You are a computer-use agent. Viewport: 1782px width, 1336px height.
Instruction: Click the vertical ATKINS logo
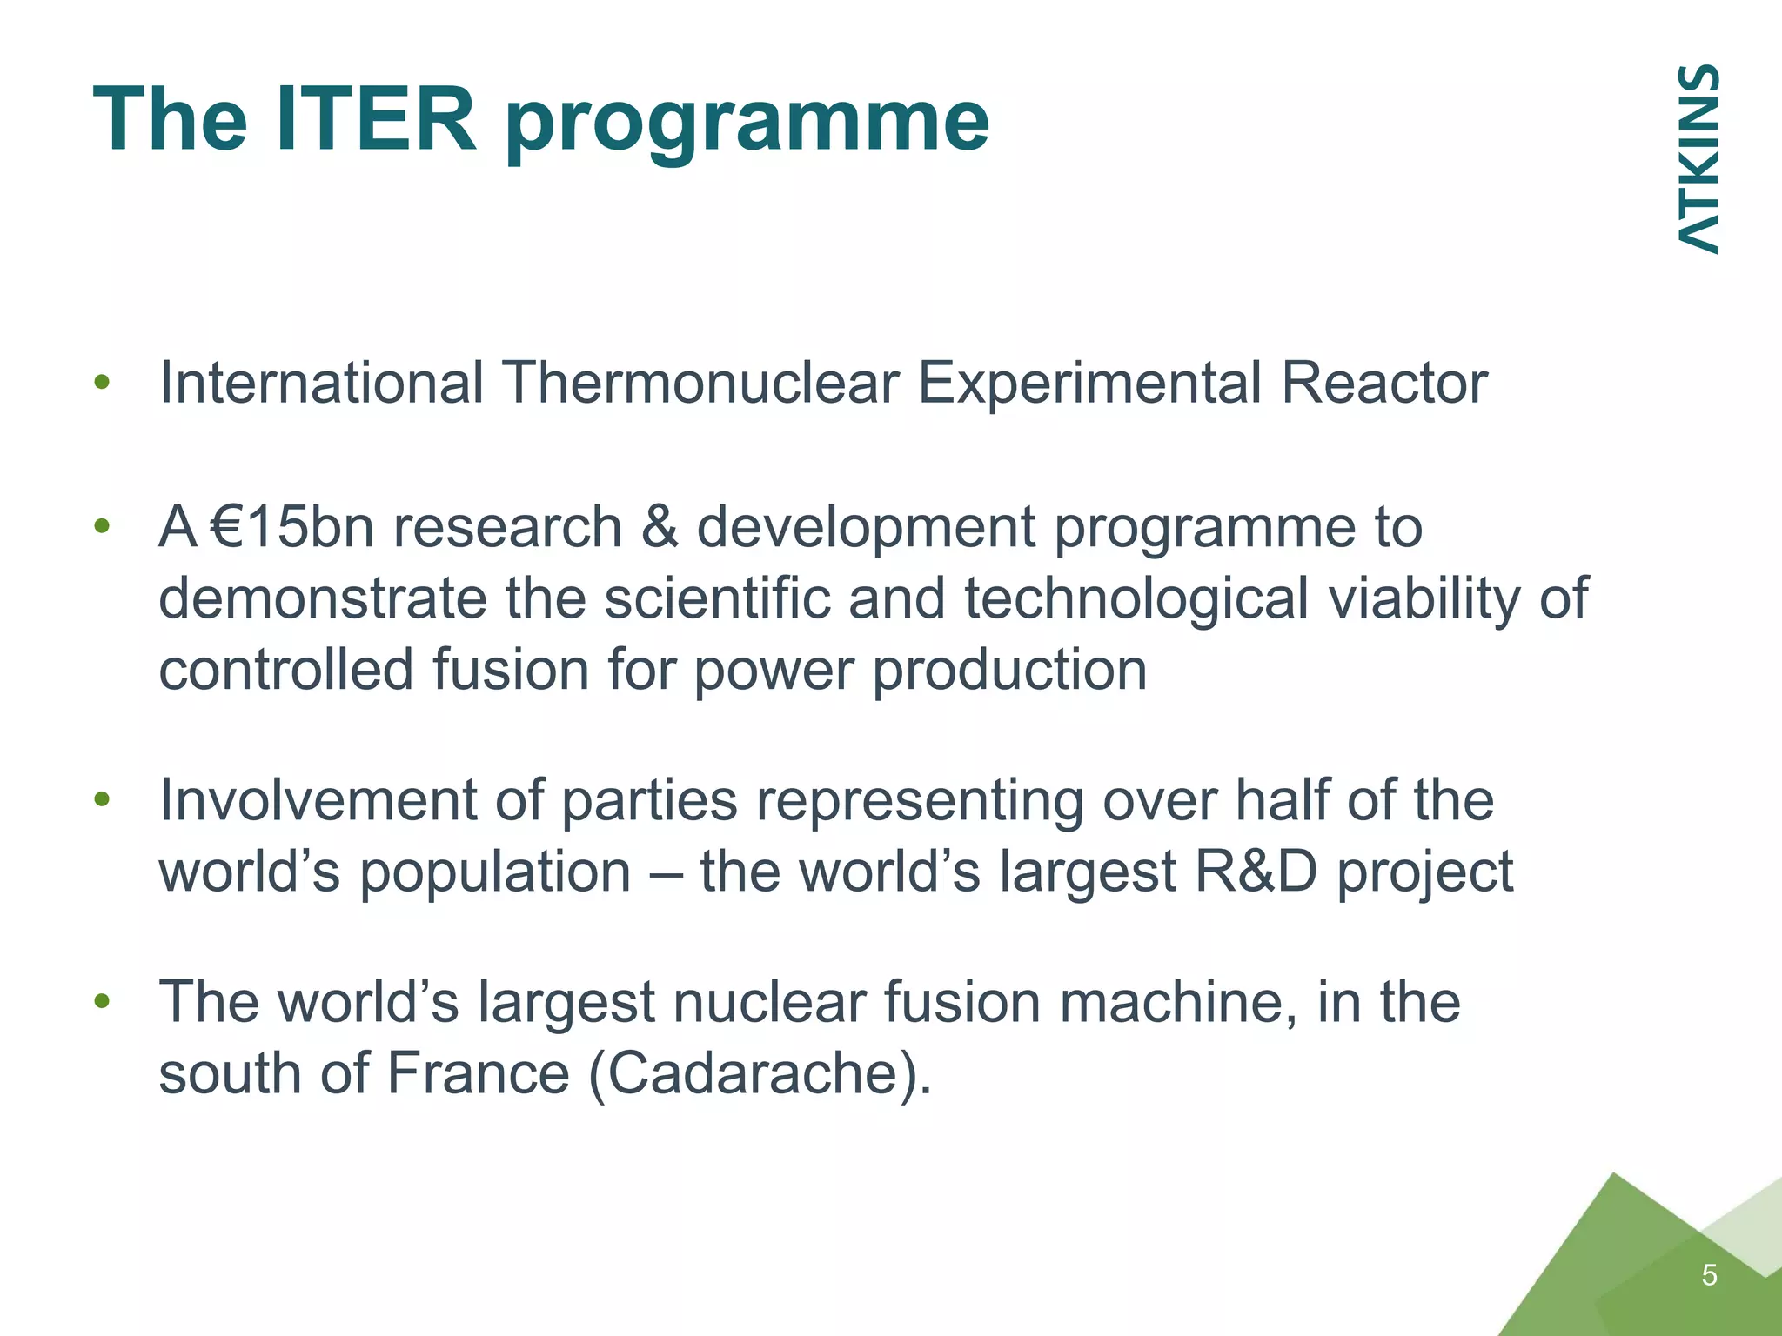pos(1697,159)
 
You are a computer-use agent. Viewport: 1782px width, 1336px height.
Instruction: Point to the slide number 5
pos(1709,1275)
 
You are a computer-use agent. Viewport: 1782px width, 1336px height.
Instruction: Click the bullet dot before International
pos(103,383)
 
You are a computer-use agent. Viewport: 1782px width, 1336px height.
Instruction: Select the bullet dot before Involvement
pos(103,799)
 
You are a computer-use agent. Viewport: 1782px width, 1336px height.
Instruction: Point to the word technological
pos(1136,600)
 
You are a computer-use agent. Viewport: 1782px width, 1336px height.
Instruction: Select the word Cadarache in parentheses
pos(752,1073)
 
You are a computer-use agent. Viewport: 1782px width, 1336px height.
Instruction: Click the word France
pos(478,1073)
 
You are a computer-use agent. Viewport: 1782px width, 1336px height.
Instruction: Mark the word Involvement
pos(318,799)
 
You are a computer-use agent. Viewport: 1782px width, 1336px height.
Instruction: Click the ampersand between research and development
pos(659,527)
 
